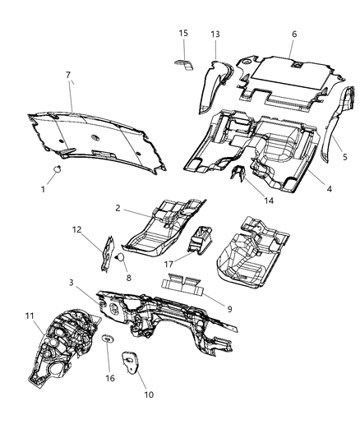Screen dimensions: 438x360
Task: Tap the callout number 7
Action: tap(67, 76)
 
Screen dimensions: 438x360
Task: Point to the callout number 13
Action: tap(215, 34)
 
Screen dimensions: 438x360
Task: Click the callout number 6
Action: tap(293, 35)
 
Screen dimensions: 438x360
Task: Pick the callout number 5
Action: tap(344, 157)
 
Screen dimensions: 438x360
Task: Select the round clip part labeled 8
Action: tap(120, 256)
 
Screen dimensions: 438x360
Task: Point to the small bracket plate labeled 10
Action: tap(130, 359)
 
